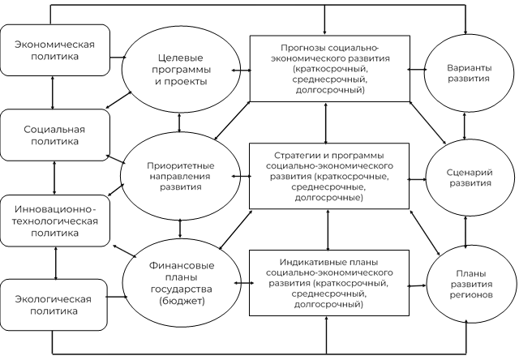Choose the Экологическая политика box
(x=53, y=305)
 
